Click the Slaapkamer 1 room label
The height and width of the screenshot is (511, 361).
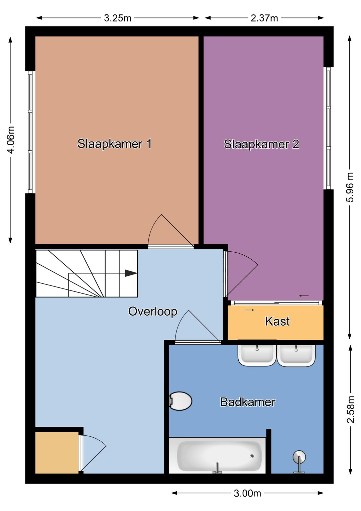pos(114,144)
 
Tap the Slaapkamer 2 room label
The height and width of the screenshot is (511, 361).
pos(261,144)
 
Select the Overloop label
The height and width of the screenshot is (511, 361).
pos(153,311)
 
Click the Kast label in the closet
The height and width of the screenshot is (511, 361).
pos(277,321)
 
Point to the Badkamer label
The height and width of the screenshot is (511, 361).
pos(248,402)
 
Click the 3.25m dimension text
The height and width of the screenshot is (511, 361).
pos(118,18)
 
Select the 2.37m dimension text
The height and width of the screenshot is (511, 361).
pos(264,18)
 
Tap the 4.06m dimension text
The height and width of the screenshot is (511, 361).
pos(11,140)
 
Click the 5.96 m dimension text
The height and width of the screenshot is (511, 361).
pos(350,187)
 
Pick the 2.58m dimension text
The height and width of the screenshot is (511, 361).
pos(350,409)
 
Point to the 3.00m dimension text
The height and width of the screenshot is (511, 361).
pos(247,493)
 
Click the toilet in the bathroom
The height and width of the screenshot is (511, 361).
pos(180,401)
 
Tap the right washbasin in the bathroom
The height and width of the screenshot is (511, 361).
pos(296,355)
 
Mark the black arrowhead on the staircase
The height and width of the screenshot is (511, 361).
pos(131,273)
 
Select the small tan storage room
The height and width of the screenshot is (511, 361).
pos(57,452)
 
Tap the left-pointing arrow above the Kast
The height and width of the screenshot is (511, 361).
pos(304,296)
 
